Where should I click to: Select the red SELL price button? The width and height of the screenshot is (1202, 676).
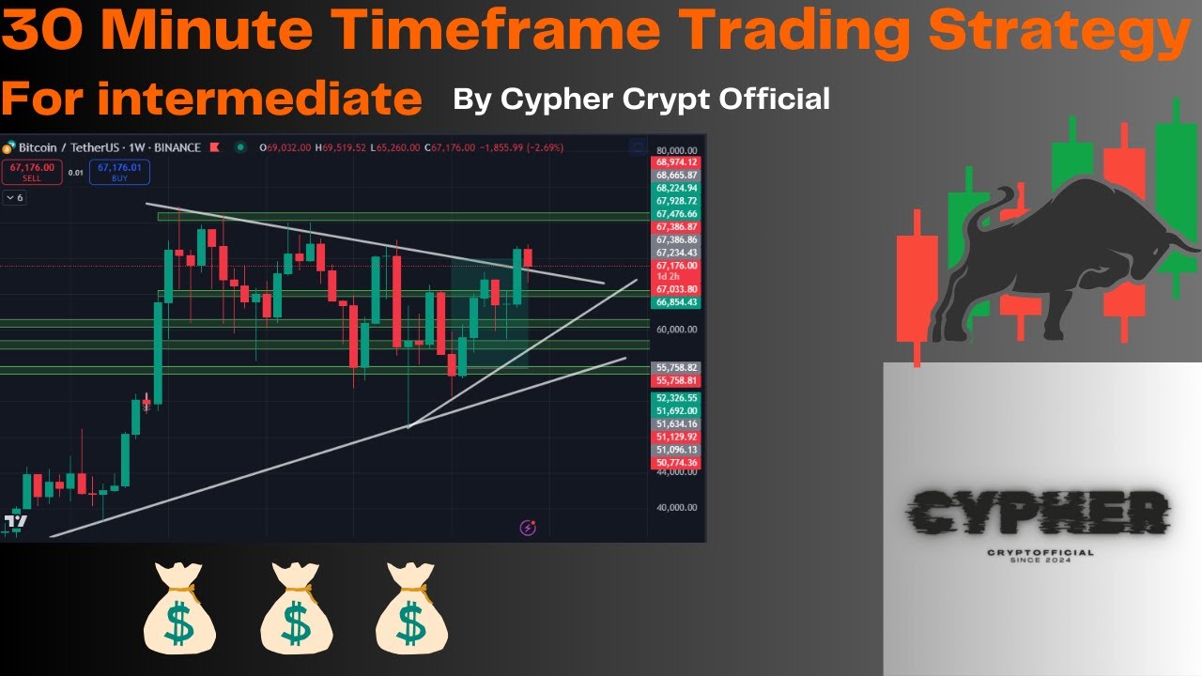tap(32, 172)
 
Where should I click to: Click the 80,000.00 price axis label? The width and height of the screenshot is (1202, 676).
tap(677, 150)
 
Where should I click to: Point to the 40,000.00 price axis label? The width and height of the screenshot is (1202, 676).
tap(677, 508)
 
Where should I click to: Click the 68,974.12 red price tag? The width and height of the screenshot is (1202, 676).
tap(677, 162)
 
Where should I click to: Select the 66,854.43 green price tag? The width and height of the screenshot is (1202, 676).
tap(677, 302)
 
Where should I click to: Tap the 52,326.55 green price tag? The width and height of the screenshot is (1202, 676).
tap(677, 398)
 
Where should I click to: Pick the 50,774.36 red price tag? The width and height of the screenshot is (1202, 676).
tap(677, 463)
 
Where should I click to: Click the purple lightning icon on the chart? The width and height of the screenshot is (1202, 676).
tap(528, 528)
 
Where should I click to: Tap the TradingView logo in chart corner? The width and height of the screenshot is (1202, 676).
tap(16, 521)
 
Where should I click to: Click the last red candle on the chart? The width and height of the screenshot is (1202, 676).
tap(528, 258)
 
